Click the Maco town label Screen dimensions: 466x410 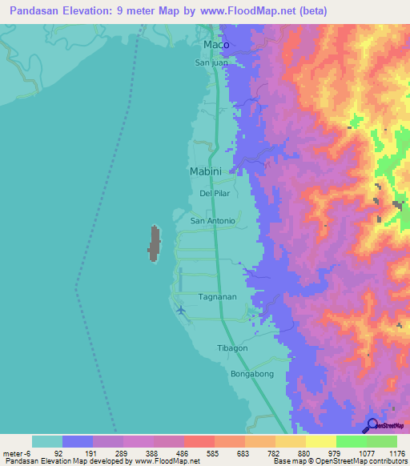click(x=216, y=44)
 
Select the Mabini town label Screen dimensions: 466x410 click(x=206, y=171)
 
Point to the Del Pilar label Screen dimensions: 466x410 click(x=215, y=195)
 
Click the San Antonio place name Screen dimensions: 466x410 click(x=212, y=221)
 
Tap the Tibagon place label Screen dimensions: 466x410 click(x=233, y=348)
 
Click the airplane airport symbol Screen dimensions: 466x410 click(x=181, y=309)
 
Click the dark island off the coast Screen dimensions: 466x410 click(x=153, y=243)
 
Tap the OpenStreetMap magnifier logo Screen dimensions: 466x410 click(x=372, y=425)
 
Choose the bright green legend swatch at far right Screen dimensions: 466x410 click(x=382, y=441)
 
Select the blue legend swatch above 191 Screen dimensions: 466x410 click(x=78, y=441)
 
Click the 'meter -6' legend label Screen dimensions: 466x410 click(x=18, y=452)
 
